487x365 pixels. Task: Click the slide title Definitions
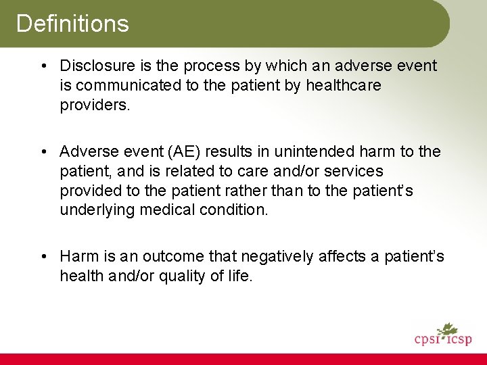pos(72,24)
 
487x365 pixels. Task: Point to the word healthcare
pos(344,86)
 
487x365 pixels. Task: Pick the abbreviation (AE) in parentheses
pos(180,152)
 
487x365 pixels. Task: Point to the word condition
pos(234,210)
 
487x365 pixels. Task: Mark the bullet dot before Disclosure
pos(42,66)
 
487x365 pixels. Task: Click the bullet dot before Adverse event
pos(42,152)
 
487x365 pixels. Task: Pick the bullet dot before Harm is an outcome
pos(42,257)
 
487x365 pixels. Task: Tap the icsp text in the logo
pos(457,339)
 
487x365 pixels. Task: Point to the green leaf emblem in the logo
pos(447,330)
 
